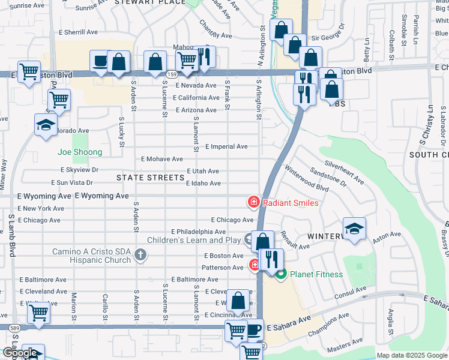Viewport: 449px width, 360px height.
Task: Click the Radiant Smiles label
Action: tap(291, 203)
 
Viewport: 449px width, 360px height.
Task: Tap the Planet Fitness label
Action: tap(316, 275)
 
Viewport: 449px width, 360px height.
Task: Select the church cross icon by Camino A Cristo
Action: tap(140, 255)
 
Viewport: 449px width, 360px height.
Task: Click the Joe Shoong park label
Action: tap(80, 152)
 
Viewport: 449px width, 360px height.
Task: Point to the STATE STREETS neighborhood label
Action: tap(150, 178)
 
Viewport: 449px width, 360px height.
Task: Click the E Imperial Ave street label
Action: tap(226, 146)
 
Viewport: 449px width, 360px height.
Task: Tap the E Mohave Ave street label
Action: tap(161, 159)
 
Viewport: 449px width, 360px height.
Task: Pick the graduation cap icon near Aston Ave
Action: tap(355, 229)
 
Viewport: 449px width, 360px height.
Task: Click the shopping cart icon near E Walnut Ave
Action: tap(38, 312)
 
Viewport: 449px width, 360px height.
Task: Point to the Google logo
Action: tap(19, 353)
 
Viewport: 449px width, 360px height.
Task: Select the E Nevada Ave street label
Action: tap(196, 85)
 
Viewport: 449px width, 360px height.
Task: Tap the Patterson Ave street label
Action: tap(222, 268)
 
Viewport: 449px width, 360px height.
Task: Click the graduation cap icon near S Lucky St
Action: tap(45, 125)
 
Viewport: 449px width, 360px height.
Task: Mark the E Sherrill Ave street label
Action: tap(77, 32)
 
